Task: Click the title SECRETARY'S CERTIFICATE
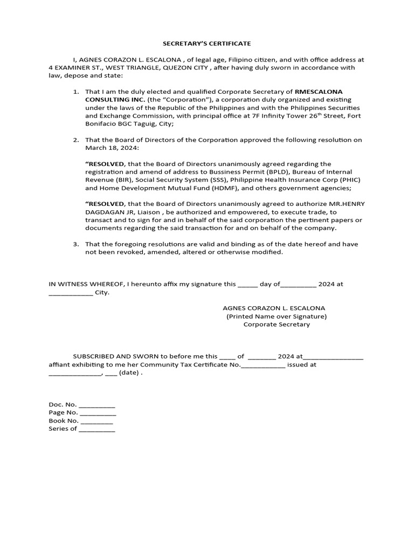(207, 43)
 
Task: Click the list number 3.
(76, 244)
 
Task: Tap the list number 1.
(76, 92)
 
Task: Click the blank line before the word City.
(71, 293)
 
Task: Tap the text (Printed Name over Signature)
(277, 316)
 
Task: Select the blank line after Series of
(97, 430)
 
